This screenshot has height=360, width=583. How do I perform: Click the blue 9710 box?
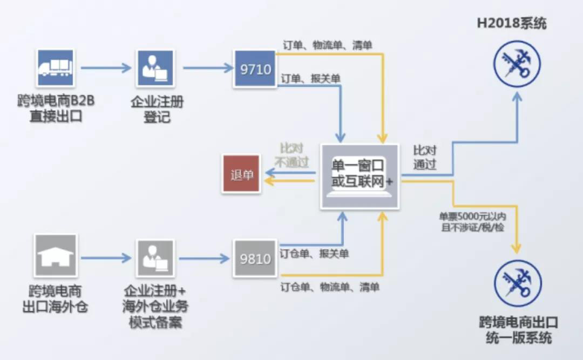(x=254, y=69)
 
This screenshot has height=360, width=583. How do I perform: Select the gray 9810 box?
(x=255, y=259)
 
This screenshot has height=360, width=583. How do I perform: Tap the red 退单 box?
(x=241, y=174)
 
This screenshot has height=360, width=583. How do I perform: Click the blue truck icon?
(x=55, y=68)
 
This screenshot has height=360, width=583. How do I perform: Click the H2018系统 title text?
(x=512, y=24)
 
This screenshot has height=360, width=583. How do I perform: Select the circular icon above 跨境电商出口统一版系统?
(x=518, y=283)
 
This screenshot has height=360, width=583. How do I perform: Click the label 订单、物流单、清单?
(x=328, y=45)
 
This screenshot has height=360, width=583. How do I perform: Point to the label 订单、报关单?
(x=311, y=79)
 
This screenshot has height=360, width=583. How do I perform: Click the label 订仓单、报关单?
(x=314, y=253)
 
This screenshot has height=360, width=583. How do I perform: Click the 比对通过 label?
(x=425, y=157)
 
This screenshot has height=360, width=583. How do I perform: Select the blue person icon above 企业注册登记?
(x=155, y=68)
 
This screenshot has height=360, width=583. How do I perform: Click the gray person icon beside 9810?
(x=155, y=258)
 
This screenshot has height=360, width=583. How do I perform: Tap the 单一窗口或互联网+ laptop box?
(x=360, y=176)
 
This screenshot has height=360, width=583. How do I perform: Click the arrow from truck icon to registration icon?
(x=106, y=68)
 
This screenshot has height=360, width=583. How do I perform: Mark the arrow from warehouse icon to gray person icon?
(x=106, y=258)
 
